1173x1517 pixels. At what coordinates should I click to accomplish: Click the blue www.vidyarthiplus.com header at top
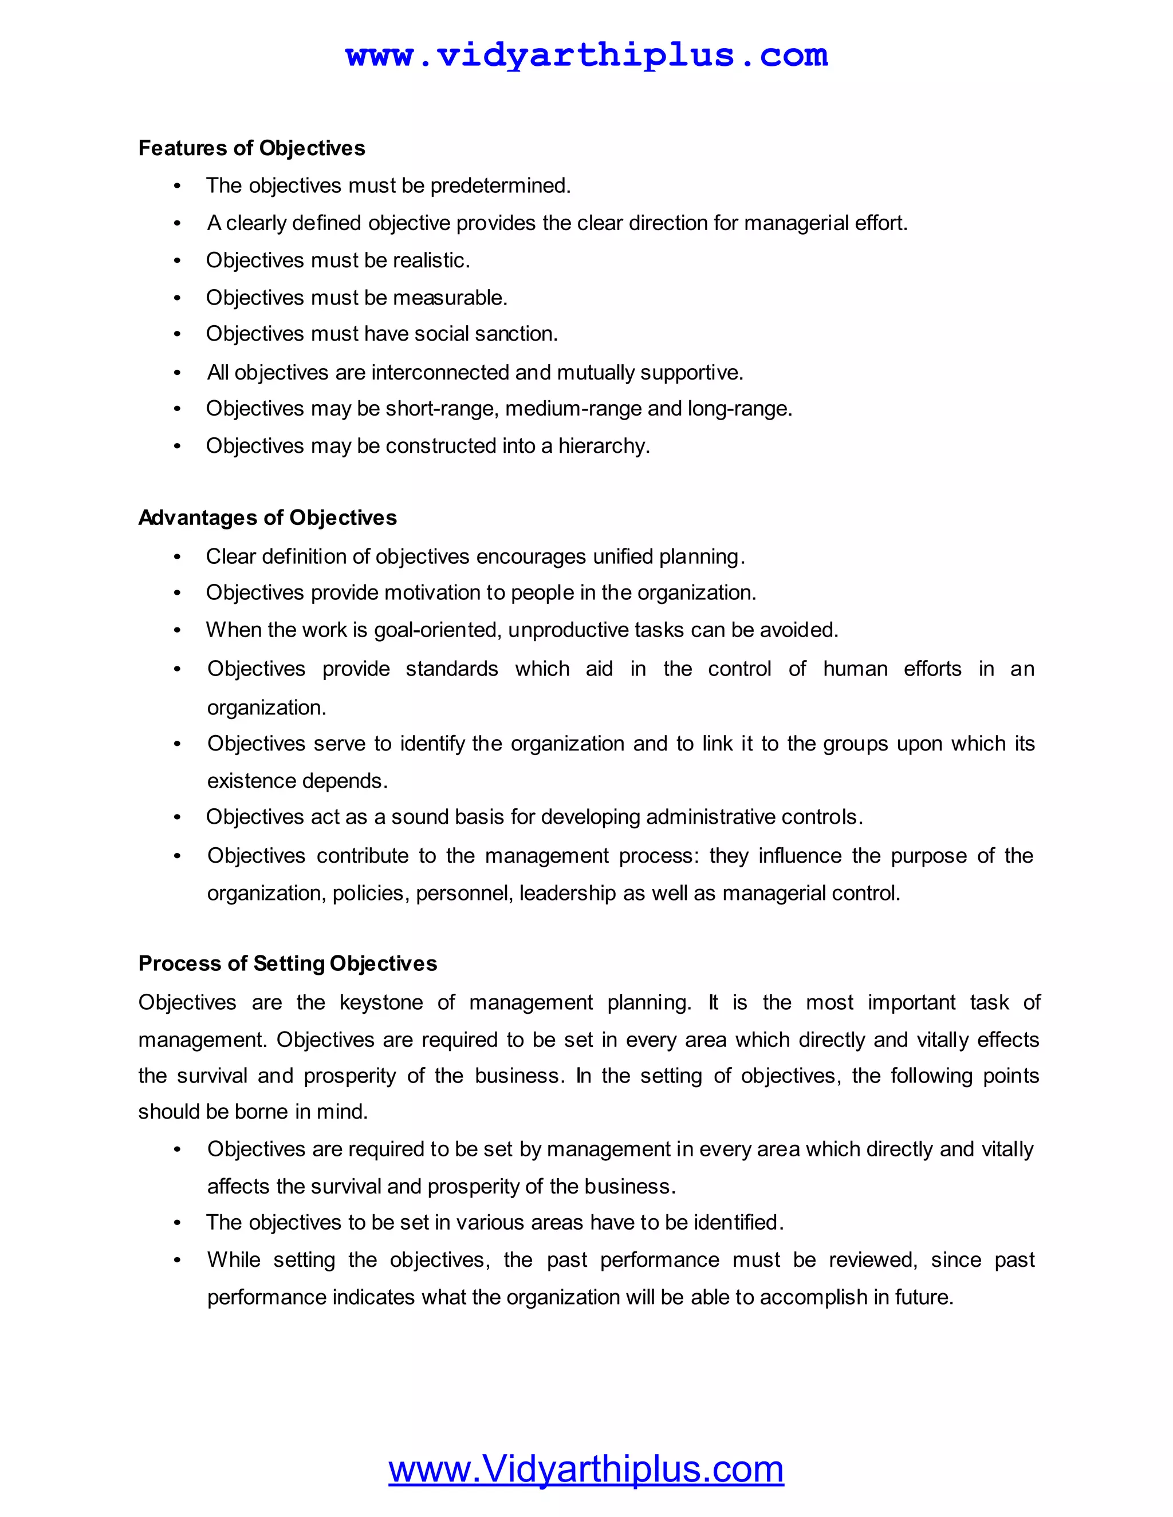pos(586,55)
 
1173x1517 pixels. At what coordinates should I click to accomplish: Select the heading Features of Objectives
pos(251,148)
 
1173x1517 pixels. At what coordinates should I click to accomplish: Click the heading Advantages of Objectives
pos(267,517)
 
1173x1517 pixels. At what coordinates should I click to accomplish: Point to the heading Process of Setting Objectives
pos(288,963)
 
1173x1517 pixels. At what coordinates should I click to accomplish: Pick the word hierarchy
pos(603,446)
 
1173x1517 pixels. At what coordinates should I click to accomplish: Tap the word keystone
pos(381,1003)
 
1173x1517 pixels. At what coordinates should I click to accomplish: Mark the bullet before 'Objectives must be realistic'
pos(177,261)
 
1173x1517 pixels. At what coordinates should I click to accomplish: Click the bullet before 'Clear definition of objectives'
pos(177,557)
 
